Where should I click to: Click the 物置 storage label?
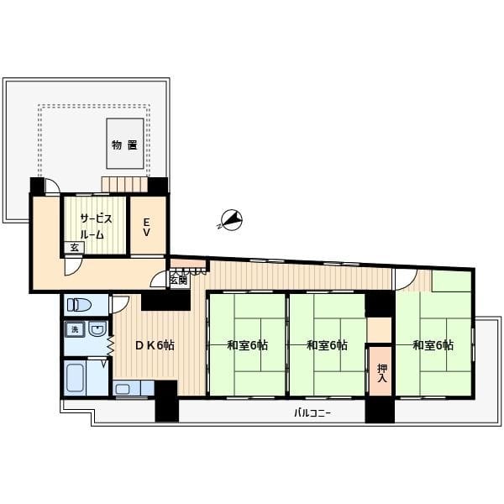coord(124,145)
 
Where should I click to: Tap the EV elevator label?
coord(146,228)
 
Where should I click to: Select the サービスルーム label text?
coord(96,227)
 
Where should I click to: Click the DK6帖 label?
coord(155,345)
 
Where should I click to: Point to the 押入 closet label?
coord(382,373)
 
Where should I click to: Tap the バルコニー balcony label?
coord(312,412)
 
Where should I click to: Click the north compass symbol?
coord(231,220)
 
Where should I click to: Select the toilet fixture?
coord(79,304)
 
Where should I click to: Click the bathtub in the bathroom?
coord(75,378)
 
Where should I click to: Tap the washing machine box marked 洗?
coord(75,329)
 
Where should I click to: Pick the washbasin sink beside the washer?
coord(97,328)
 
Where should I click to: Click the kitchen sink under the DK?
coord(123,389)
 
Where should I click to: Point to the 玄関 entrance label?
coord(179,281)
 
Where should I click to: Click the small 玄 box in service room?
coord(74,248)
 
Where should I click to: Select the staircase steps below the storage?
coord(124,184)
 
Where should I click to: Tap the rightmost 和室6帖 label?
coord(433,345)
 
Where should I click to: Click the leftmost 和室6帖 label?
coord(248,345)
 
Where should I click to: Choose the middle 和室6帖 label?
coord(327,345)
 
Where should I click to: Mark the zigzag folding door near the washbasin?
coord(111,345)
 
